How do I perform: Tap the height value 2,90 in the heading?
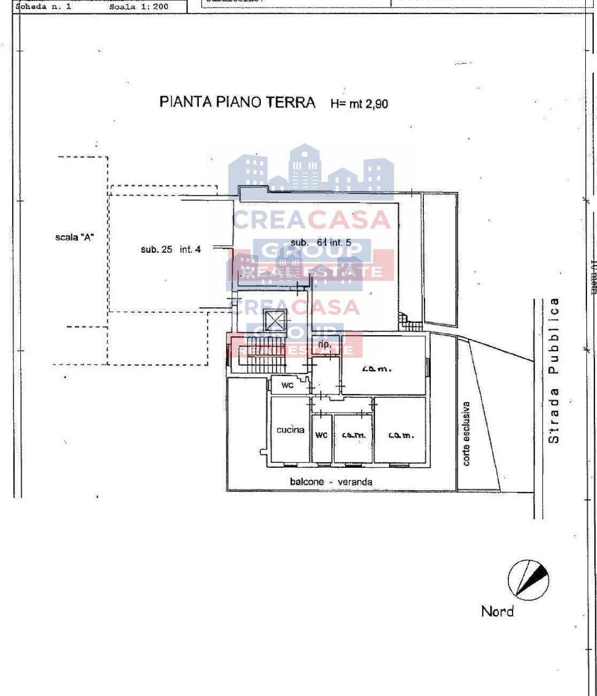point(376,103)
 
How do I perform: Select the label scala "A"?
point(74,237)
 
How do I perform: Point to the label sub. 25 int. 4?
point(170,249)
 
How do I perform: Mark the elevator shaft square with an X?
point(276,321)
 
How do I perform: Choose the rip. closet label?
point(324,345)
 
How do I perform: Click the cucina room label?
point(290,430)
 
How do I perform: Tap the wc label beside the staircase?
point(287,385)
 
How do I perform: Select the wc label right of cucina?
point(321,435)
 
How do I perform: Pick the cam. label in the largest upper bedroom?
point(376,368)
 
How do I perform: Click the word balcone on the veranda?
point(307,482)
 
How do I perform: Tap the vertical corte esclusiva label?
point(466,434)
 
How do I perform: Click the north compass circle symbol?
point(528,579)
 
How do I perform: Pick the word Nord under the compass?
point(497,612)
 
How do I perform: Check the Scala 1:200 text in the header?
point(138,7)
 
